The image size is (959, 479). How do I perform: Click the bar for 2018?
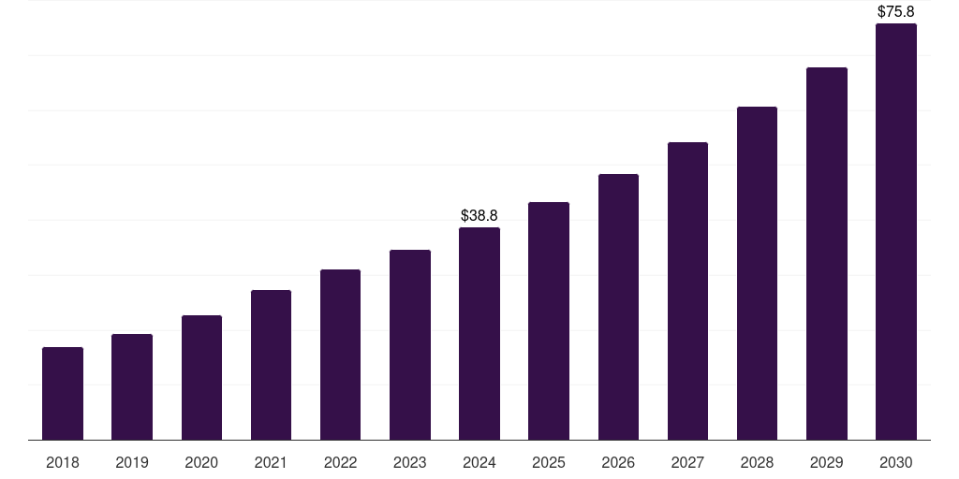pyautogui.click(x=63, y=393)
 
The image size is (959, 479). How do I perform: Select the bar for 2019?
pyautogui.click(x=132, y=386)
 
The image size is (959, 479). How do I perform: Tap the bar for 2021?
pyautogui.click(x=271, y=365)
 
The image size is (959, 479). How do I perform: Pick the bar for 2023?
pyautogui.click(x=410, y=344)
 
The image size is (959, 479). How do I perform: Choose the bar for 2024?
pyautogui.click(x=479, y=333)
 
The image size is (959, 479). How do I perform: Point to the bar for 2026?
pyautogui.click(x=618, y=307)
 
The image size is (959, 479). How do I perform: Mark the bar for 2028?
pyautogui.click(x=757, y=273)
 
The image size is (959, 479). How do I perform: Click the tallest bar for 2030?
pyautogui.click(x=895, y=232)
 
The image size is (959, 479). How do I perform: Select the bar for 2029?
pyautogui.click(x=826, y=254)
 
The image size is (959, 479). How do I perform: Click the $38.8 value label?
pyautogui.click(x=479, y=215)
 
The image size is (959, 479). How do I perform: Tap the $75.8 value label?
pyautogui.click(x=895, y=12)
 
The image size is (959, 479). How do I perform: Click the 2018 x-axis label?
pyautogui.click(x=63, y=462)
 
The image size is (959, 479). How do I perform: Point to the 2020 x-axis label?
pyautogui.click(x=201, y=462)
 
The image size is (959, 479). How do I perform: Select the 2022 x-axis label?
pyautogui.click(x=340, y=462)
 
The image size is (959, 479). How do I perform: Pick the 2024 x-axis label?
pyautogui.click(x=479, y=462)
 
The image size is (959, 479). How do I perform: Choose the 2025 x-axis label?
pyautogui.click(x=549, y=462)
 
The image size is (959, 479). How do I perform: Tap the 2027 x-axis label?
pyautogui.click(x=687, y=462)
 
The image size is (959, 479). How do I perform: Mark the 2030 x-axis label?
pyautogui.click(x=895, y=462)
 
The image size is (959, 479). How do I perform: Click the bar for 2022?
pyautogui.click(x=340, y=355)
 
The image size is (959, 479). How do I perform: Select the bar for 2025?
pyautogui.click(x=549, y=321)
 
